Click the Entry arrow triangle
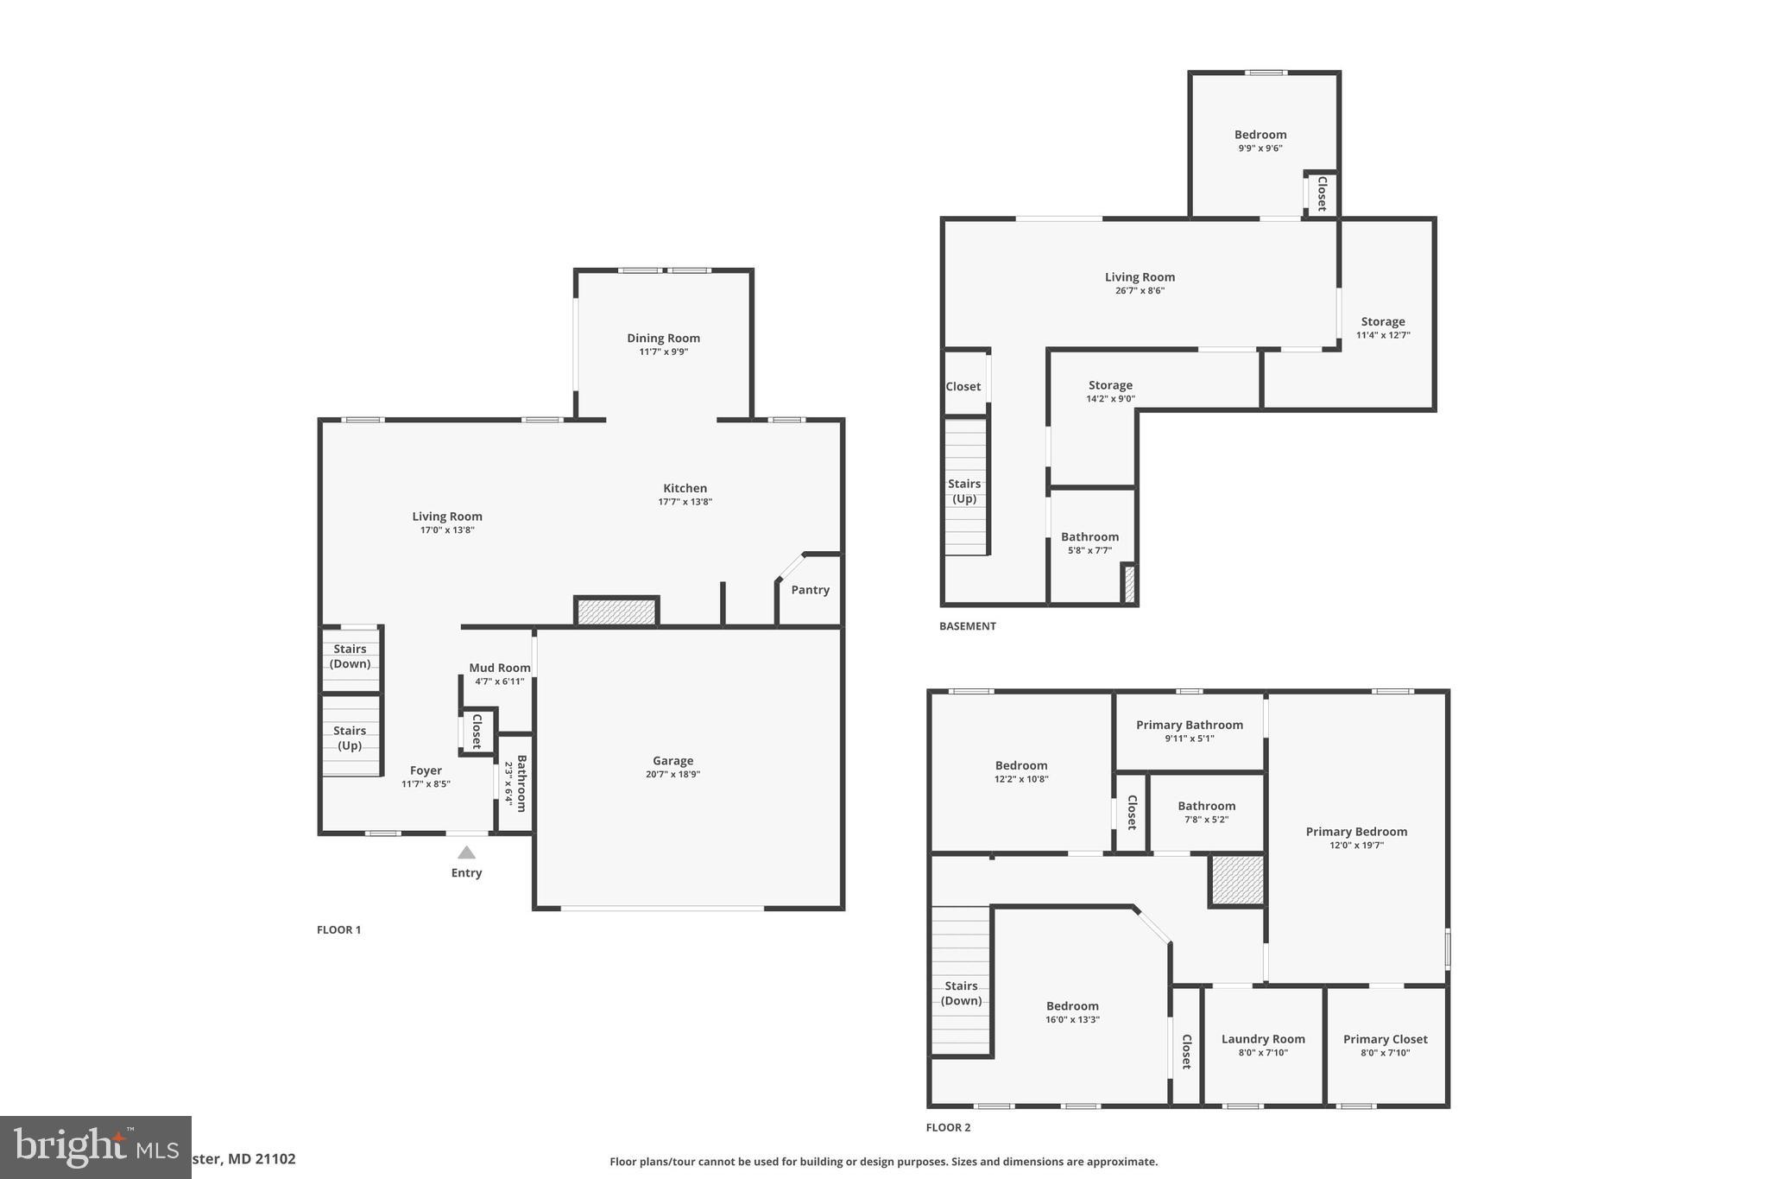click(466, 853)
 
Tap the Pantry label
click(810, 590)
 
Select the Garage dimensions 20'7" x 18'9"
click(672, 775)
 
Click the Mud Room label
click(499, 668)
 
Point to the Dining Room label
click(663, 339)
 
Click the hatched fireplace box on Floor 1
click(616, 611)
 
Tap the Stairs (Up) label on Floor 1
click(350, 738)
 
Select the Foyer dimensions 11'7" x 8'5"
click(426, 784)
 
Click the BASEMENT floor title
click(967, 626)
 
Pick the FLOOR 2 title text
click(948, 1127)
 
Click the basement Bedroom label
click(1260, 135)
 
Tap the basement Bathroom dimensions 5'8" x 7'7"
click(1089, 550)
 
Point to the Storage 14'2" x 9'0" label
click(1110, 385)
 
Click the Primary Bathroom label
click(1189, 726)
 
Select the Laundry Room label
click(1263, 1039)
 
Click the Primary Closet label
click(1385, 1039)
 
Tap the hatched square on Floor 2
click(1237, 880)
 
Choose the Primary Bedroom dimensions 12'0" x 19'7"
click(1356, 846)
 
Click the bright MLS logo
click(95, 1147)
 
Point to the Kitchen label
click(685, 488)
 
